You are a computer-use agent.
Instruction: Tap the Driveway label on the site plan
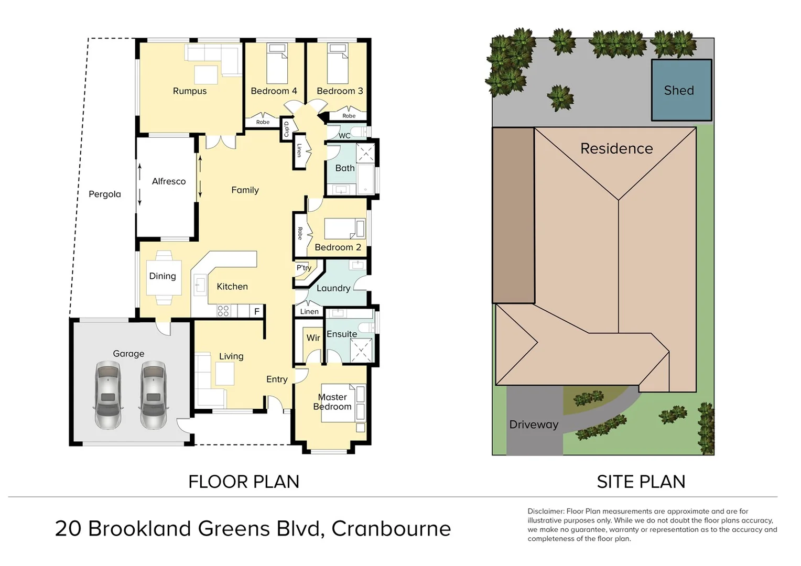(533, 424)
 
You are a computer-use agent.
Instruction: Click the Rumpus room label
(190, 91)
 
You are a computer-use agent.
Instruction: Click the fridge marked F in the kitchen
(257, 311)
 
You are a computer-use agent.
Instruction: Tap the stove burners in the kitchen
(223, 311)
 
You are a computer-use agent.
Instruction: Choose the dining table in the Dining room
(164, 278)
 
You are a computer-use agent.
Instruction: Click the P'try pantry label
(304, 268)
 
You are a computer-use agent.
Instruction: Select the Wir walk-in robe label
(313, 338)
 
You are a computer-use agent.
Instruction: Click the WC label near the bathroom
(344, 136)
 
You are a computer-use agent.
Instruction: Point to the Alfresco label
(169, 181)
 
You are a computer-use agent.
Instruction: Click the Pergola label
(105, 194)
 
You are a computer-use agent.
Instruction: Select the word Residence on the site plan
(616, 149)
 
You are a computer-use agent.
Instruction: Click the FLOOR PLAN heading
(244, 482)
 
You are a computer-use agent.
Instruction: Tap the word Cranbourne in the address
(391, 528)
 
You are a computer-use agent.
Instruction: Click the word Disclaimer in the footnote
(546, 511)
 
